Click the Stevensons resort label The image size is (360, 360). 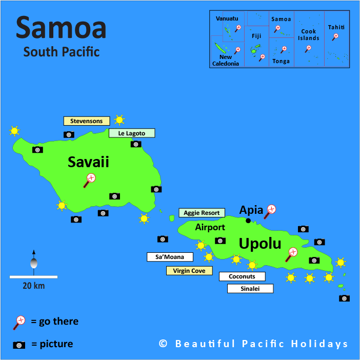click(86, 121)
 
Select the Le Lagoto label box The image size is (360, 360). click(131, 133)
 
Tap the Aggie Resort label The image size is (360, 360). click(202, 213)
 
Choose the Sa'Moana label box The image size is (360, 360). click(170, 257)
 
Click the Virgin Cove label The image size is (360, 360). click(189, 271)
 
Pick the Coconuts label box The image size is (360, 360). click(242, 276)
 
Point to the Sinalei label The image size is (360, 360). click(250, 289)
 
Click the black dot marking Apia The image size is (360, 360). click(248, 221)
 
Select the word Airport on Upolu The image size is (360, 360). click(210, 227)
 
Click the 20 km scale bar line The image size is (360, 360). click(33, 277)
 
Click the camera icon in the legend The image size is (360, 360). click(19, 345)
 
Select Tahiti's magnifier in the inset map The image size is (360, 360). click(335, 37)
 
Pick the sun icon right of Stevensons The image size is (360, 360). click(119, 120)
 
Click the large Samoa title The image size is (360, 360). click(61, 28)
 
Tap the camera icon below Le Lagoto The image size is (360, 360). click(136, 144)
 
